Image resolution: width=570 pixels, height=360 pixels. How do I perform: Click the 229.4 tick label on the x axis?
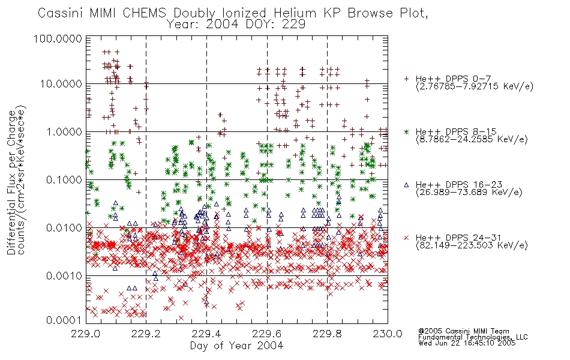point(206,334)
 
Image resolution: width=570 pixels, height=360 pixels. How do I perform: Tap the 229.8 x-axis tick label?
point(327,334)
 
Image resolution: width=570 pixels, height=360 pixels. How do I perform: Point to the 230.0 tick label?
point(388,334)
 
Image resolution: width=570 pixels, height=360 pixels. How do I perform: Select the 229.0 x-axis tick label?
point(86,334)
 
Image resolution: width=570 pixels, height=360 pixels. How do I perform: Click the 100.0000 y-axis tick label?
point(58,38)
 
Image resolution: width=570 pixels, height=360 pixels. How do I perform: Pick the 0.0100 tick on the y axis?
point(64,228)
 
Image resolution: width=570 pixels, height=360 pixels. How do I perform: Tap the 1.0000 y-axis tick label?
point(64,131)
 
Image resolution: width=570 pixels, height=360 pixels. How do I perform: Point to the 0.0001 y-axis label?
point(64,320)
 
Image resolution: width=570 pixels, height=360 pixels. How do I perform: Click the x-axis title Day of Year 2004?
point(236,346)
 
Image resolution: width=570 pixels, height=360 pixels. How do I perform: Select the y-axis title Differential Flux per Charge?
point(11,182)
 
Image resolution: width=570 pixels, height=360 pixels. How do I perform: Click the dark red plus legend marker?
point(406,79)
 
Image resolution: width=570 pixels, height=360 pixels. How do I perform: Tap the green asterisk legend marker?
point(406,131)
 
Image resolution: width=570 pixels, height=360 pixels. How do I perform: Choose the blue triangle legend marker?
point(406,185)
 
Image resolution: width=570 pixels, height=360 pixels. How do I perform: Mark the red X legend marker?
point(406,238)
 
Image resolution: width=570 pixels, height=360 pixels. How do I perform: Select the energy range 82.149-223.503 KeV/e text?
point(472,245)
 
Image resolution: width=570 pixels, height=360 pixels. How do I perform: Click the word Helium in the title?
point(295,13)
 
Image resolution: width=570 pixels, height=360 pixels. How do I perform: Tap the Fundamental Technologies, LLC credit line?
point(473,337)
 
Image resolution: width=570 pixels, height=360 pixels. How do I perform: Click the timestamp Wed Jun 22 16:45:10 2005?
point(467,343)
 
